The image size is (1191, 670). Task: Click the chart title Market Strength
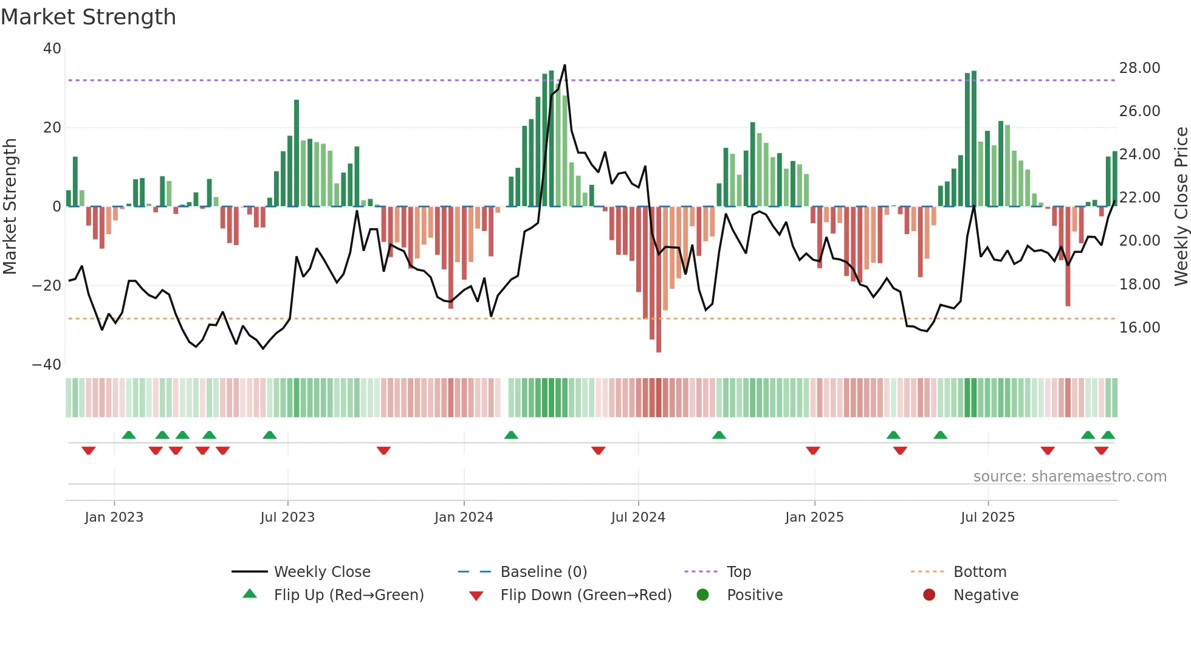tap(88, 17)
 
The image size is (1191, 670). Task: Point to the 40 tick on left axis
tap(52, 49)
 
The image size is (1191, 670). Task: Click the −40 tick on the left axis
tap(47, 365)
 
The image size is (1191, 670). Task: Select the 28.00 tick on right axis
tap(1139, 68)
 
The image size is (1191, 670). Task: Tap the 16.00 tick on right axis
tap(1139, 328)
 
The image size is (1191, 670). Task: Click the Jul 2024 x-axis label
tap(638, 517)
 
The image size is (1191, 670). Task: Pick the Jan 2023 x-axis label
tap(114, 517)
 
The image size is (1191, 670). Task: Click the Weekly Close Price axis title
tap(1181, 206)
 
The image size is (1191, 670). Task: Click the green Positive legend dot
tap(703, 595)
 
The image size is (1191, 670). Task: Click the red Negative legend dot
tap(929, 595)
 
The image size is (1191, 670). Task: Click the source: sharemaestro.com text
tap(1069, 477)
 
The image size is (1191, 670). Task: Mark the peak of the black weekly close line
tap(565, 65)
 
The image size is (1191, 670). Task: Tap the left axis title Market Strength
tap(10, 206)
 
